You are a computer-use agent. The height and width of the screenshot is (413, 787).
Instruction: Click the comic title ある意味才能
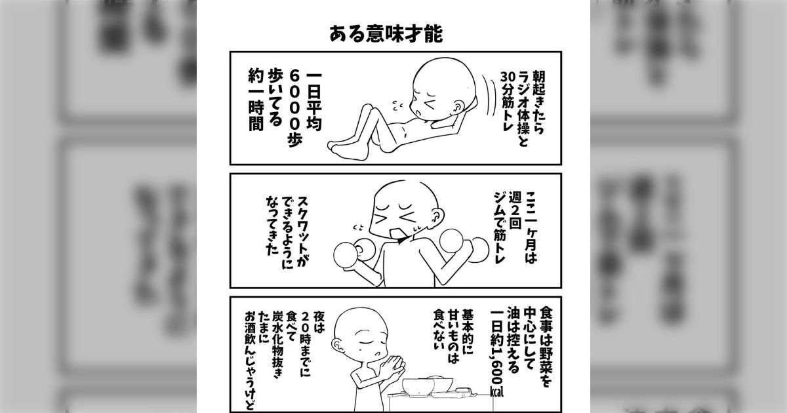click(386, 34)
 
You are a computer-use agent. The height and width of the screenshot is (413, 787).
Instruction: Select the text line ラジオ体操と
click(521, 103)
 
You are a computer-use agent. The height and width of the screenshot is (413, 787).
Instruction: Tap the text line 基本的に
click(467, 334)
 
